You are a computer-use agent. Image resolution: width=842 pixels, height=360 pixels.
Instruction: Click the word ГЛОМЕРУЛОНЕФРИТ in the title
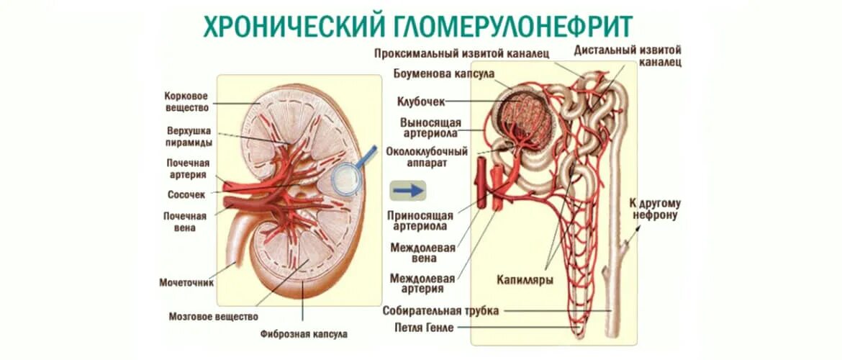514,27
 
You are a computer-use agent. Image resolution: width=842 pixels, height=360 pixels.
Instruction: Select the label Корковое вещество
186,102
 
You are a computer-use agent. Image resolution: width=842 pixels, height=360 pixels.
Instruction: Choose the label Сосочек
186,194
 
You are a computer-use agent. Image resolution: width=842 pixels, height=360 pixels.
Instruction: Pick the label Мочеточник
186,283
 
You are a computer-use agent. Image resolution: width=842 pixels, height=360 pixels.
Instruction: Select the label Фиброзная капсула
304,334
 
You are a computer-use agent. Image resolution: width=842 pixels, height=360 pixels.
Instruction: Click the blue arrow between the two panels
408,190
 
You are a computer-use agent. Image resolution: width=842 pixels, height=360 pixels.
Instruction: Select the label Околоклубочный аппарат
427,157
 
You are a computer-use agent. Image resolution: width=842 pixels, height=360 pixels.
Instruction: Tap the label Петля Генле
424,328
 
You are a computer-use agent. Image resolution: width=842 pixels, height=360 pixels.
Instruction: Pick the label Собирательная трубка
440,310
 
